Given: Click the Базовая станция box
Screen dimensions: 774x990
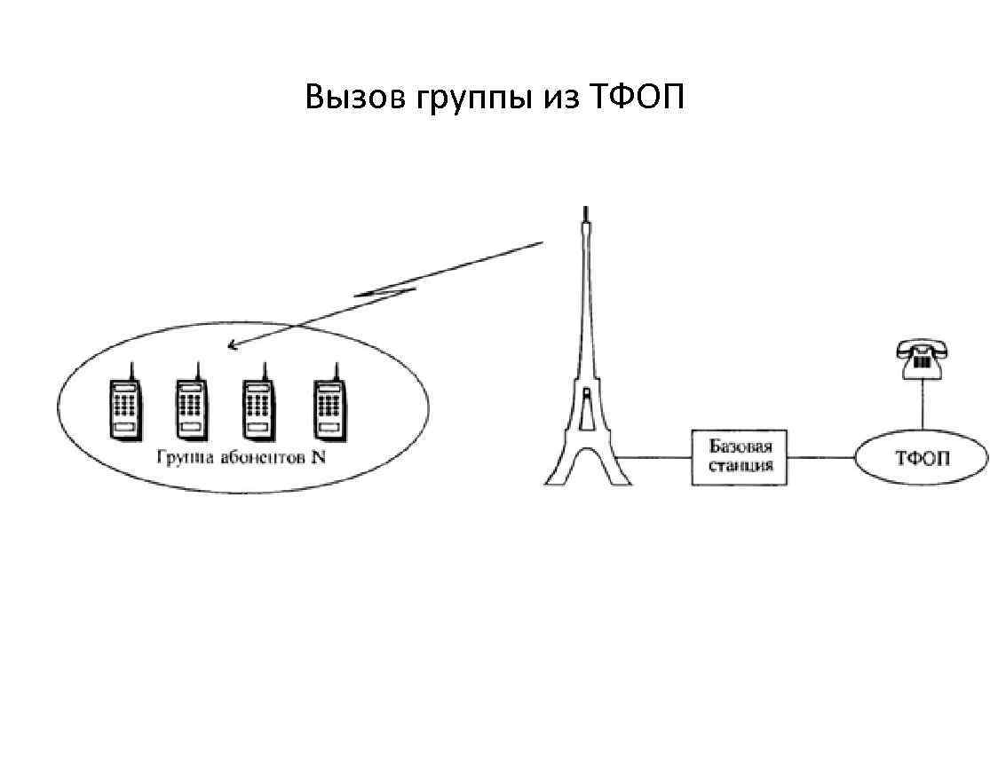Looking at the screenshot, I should [740, 457].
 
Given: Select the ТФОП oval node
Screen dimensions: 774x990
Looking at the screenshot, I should [922, 458].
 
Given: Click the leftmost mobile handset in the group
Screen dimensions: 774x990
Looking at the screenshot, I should [124, 407].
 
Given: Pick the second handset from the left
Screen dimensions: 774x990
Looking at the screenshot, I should [192, 407].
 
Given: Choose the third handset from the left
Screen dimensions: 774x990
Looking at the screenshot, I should [258, 407].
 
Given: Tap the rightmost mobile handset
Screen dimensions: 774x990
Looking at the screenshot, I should [329, 407].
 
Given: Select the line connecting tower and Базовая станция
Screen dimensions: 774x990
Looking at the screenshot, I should [654, 458].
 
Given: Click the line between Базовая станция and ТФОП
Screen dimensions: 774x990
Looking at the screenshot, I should [821, 458].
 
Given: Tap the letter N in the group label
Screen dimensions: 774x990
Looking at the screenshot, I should [319, 460].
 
